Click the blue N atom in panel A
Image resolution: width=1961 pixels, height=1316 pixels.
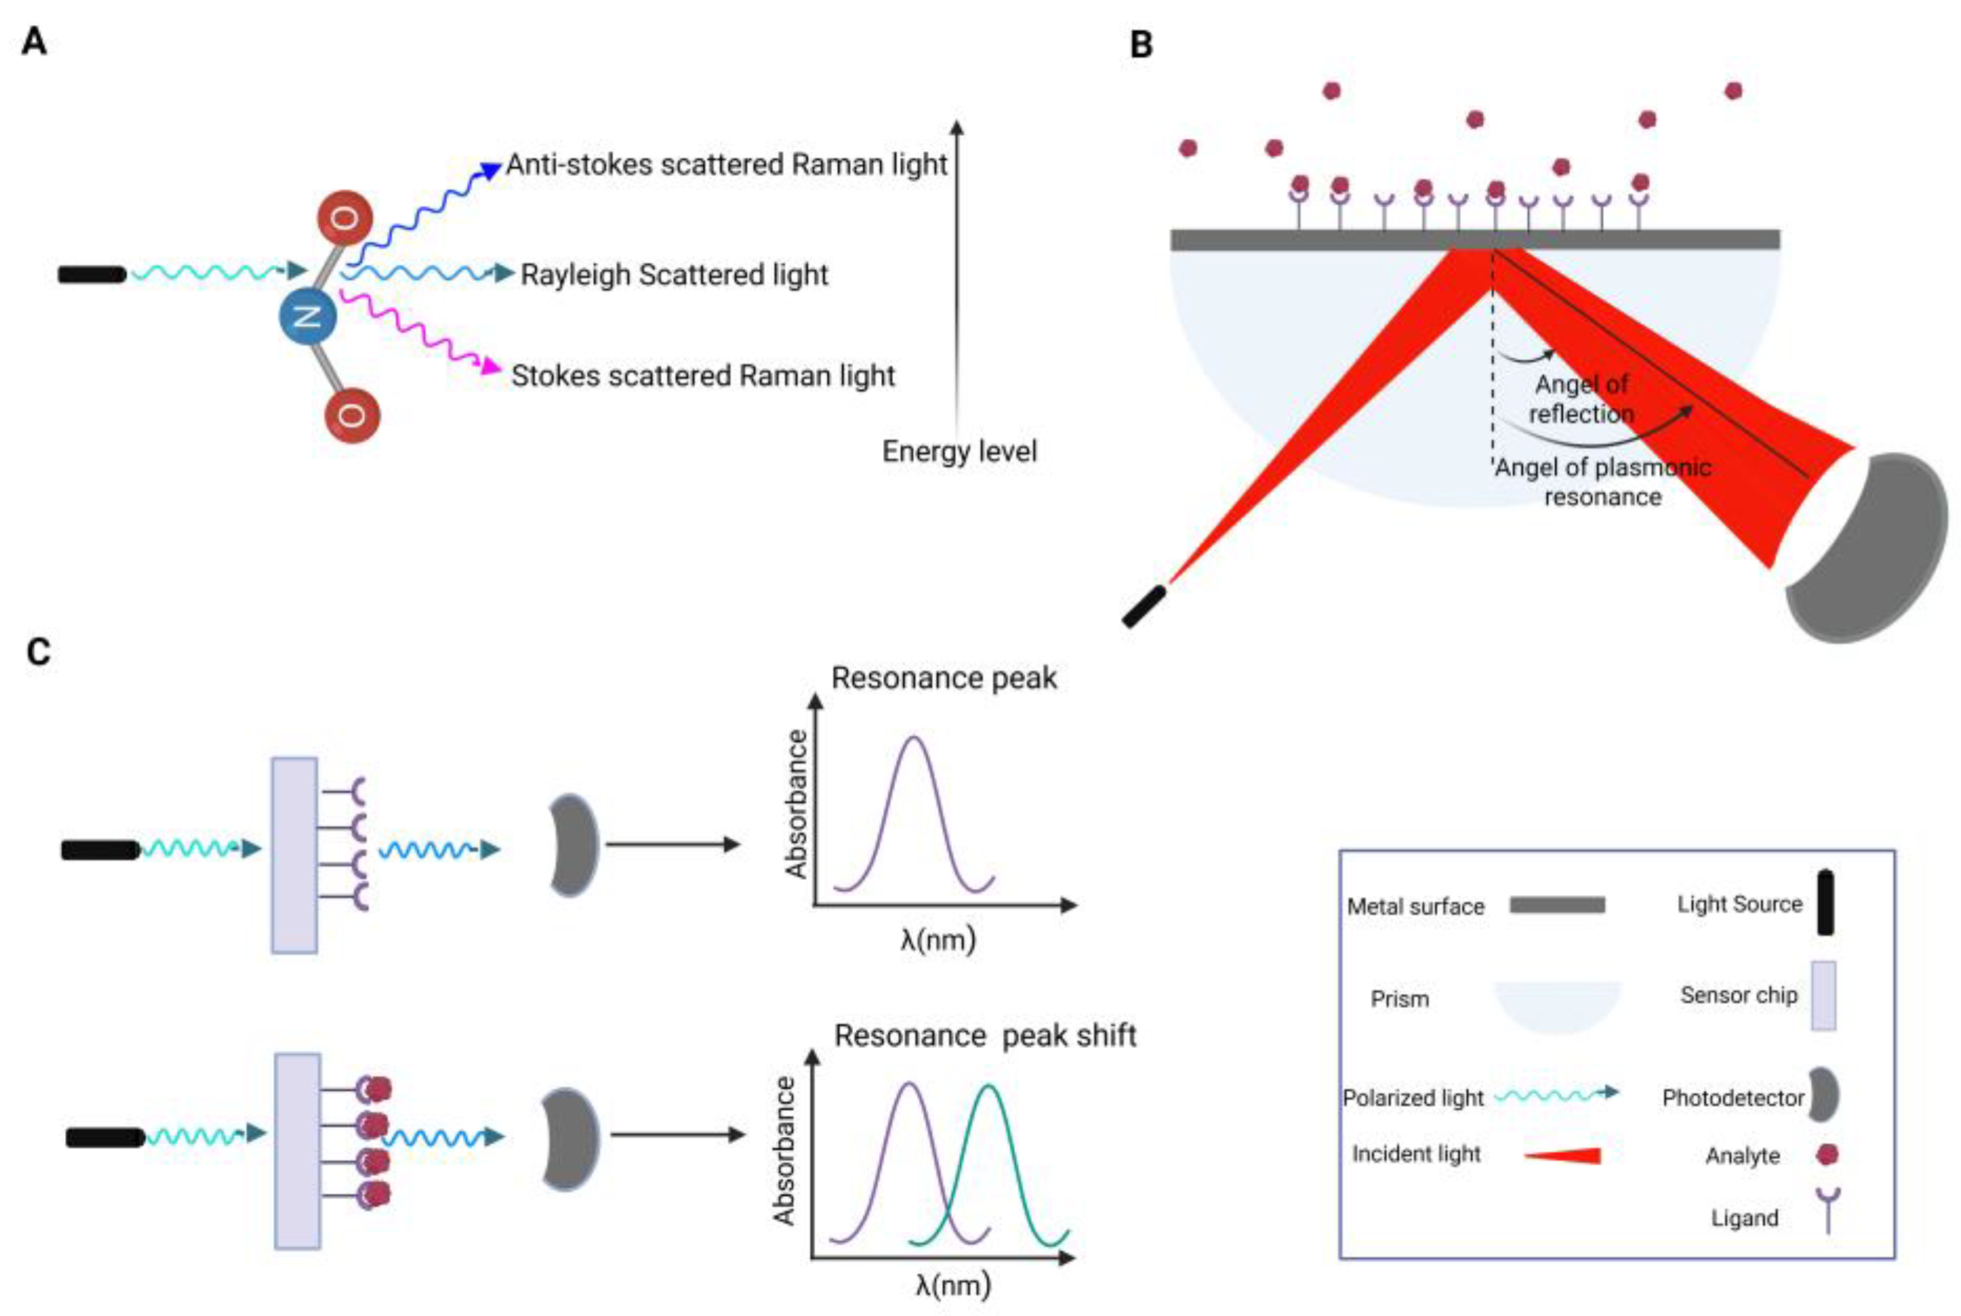tap(307, 316)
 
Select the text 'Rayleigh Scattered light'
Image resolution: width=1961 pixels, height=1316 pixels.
tap(674, 274)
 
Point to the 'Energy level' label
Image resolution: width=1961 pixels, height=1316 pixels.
tap(959, 451)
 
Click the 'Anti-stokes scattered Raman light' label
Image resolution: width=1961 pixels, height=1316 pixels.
tap(726, 164)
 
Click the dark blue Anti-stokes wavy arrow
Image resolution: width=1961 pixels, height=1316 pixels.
tap(424, 210)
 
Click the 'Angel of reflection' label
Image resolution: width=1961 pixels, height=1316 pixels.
tap(1581, 399)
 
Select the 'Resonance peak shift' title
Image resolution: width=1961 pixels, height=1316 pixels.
tap(984, 1036)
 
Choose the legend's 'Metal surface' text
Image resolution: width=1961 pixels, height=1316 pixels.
tap(1415, 906)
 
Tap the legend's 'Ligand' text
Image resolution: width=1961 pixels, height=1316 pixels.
tap(1745, 1218)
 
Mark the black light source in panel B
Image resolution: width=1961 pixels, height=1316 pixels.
tap(1144, 606)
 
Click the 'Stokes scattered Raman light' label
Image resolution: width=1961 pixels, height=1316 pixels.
tap(702, 375)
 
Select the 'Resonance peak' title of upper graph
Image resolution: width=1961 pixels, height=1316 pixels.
tap(943, 678)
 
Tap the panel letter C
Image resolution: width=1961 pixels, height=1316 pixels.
tap(39, 652)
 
